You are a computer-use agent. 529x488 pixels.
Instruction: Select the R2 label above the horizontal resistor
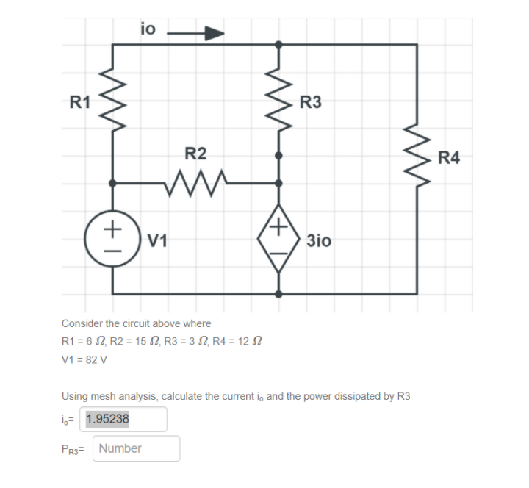click(195, 154)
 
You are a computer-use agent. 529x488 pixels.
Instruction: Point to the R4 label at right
click(448, 157)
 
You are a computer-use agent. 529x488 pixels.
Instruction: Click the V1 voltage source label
click(158, 240)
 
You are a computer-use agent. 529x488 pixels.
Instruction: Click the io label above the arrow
click(148, 29)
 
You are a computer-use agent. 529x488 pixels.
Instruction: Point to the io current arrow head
click(214, 33)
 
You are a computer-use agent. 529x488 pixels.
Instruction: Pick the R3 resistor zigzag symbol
click(278, 99)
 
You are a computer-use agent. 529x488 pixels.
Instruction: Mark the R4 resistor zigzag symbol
click(417, 157)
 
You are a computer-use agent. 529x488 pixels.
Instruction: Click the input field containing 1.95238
click(125, 420)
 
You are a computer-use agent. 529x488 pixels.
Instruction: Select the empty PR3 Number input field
click(136, 448)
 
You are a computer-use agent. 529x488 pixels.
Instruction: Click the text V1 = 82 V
click(84, 360)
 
